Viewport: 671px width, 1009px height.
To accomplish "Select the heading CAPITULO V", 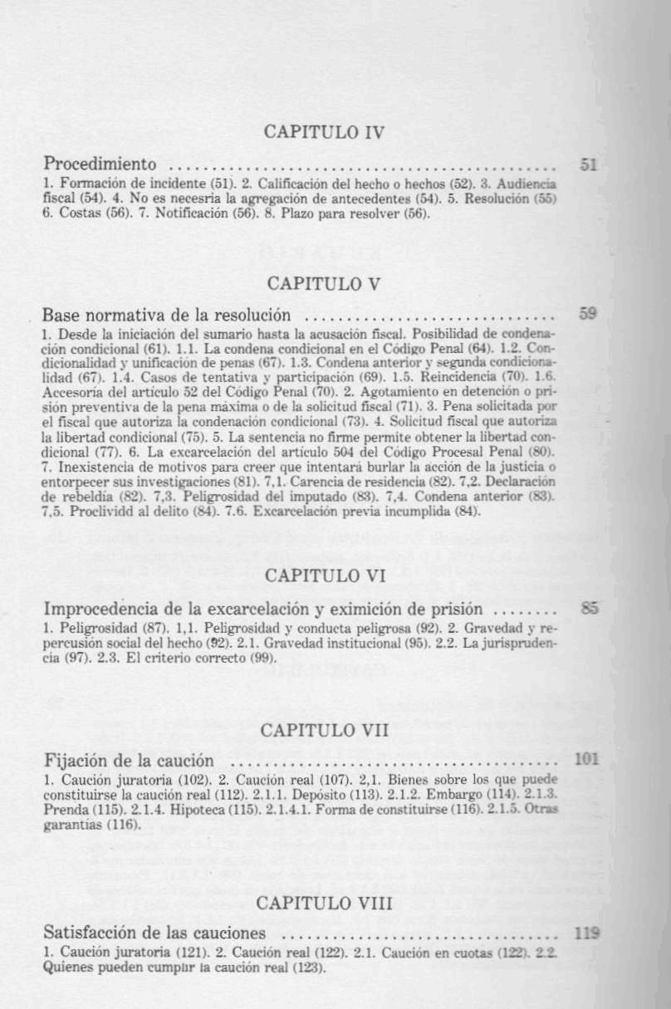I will coord(323,283).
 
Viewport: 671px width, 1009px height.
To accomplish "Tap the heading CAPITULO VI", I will coord(323,576).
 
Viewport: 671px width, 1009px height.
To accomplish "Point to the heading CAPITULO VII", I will coord(323,730).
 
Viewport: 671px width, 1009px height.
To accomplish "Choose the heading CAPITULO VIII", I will coord(323,902).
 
